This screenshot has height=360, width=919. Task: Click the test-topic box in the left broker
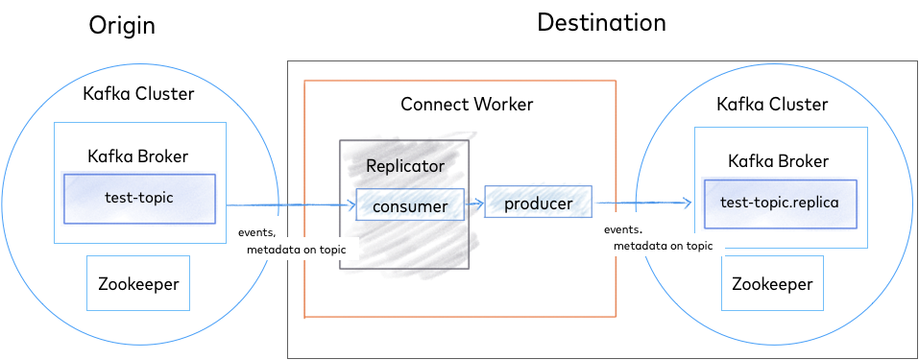pyautogui.click(x=139, y=198)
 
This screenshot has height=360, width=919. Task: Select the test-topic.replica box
pyautogui.click(x=779, y=204)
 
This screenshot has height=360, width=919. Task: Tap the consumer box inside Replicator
pyautogui.click(x=410, y=205)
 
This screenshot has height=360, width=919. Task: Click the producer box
pyautogui.click(x=538, y=204)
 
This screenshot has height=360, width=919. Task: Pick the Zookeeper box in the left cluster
pyautogui.click(x=138, y=283)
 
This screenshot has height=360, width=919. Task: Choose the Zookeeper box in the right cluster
pyautogui.click(x=772, y=284)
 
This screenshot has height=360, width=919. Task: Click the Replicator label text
pyautogui.click(x=405, y=166)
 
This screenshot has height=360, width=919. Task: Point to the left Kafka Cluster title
pyautogui.click(x=138, y=94)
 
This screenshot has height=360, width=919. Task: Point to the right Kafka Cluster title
pyautogui.click(x=772, y=104)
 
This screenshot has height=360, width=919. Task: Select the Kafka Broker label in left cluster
pyautogui.click(x=138, y=156)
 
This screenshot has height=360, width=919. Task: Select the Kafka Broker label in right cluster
pyautogui.click(x=778, y=161)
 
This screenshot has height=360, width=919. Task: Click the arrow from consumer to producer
pyautogui.click(x=473, y=204)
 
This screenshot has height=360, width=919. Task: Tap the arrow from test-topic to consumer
pyautogui.click(x=288, y=205)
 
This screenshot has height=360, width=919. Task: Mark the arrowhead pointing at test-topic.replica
pyautogui.click(x=686, y=203)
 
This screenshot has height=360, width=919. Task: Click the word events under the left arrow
pyautogui.click(x=255, y=232)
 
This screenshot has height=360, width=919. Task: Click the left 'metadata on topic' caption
pyautogui.click(x=302, y=250)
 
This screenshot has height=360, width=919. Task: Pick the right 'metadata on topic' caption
pyautogui.click(x=663, y=246)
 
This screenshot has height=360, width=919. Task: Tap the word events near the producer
pyautogui.click(x=621, y=230)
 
